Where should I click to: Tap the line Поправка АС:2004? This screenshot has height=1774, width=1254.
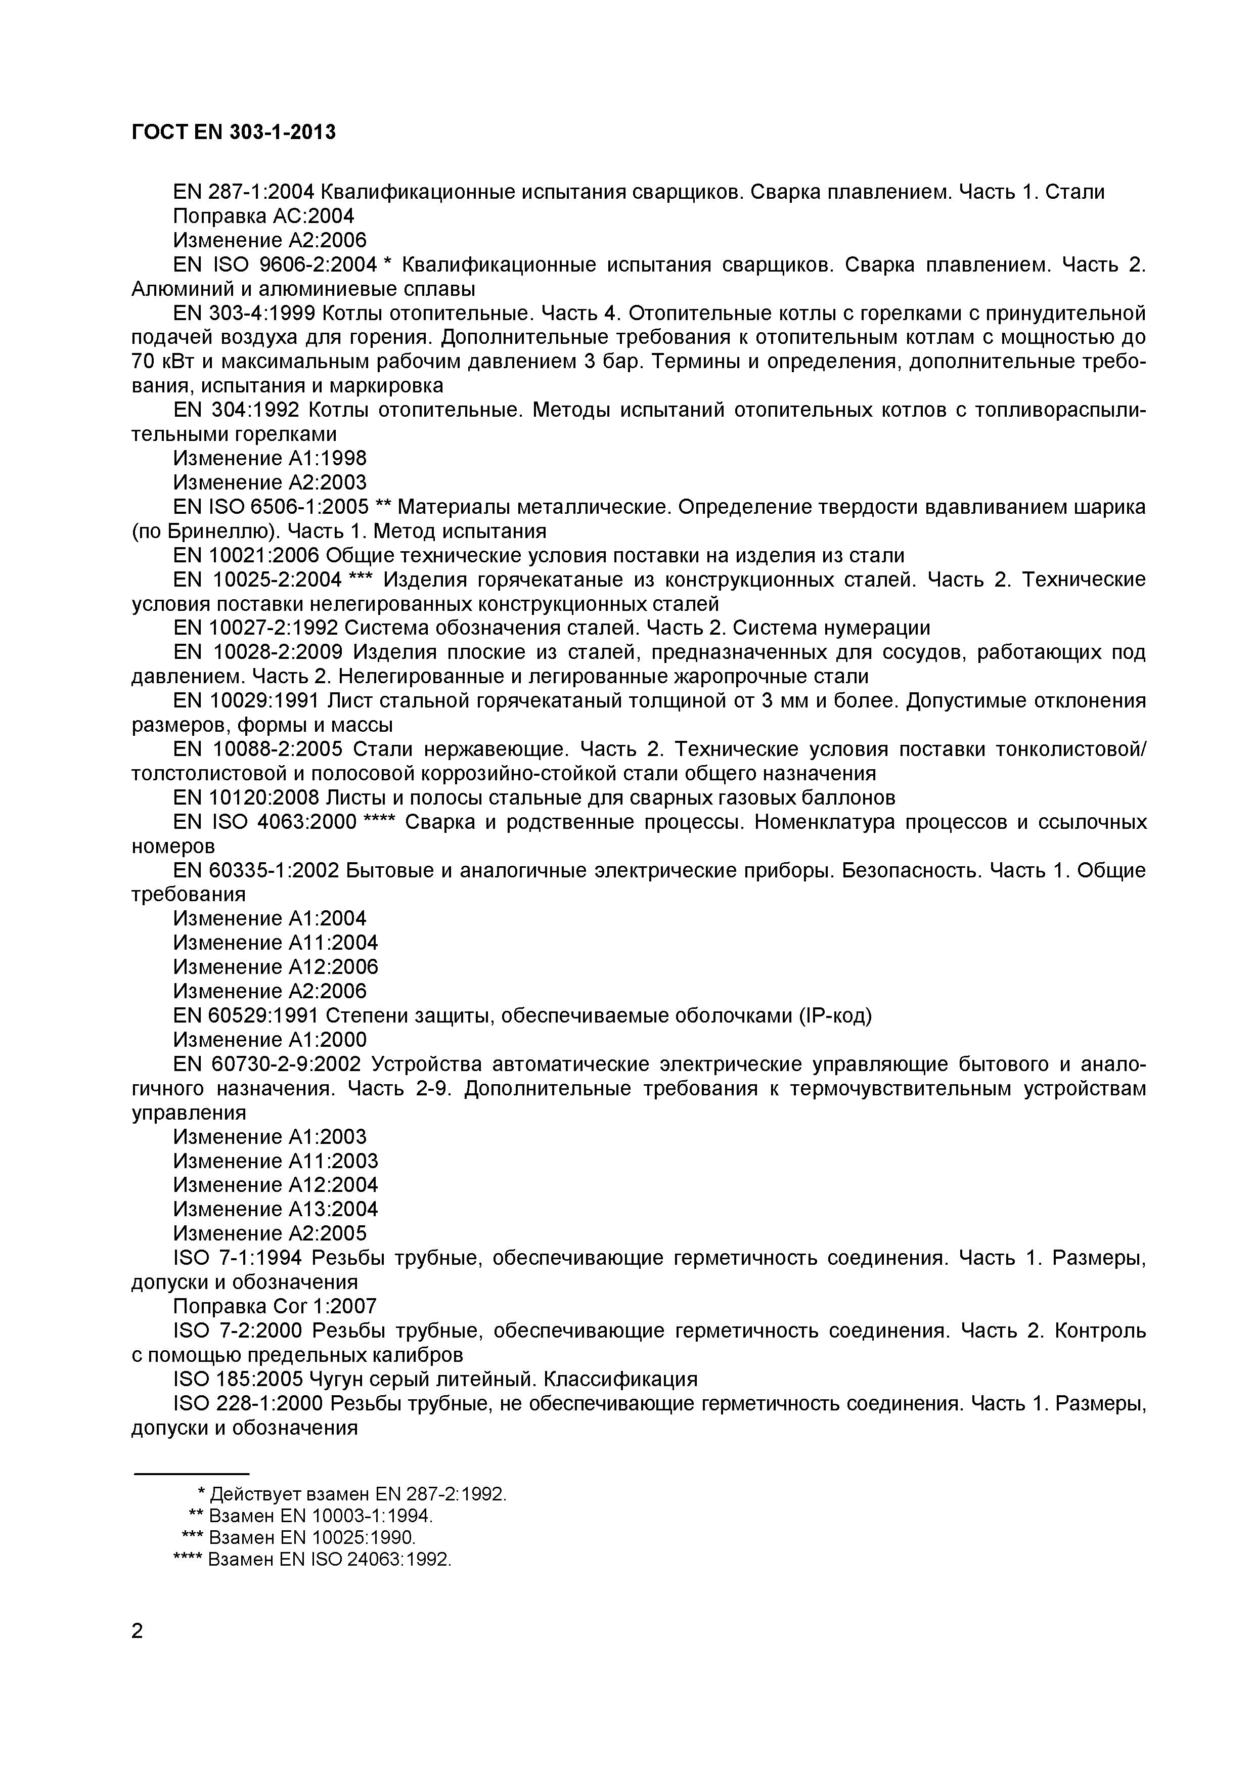click(x=263, y=216)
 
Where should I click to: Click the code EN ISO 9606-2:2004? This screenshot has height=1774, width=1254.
click(x=274, y=265)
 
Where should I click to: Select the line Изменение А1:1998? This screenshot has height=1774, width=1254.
click(x=269, y=458)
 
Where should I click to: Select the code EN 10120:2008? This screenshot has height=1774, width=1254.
click(x=246, y=796)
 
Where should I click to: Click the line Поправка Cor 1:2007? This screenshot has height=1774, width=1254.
click(x=274, y=1306)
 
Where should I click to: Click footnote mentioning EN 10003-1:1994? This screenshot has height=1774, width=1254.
click(x=311, y=1515)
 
